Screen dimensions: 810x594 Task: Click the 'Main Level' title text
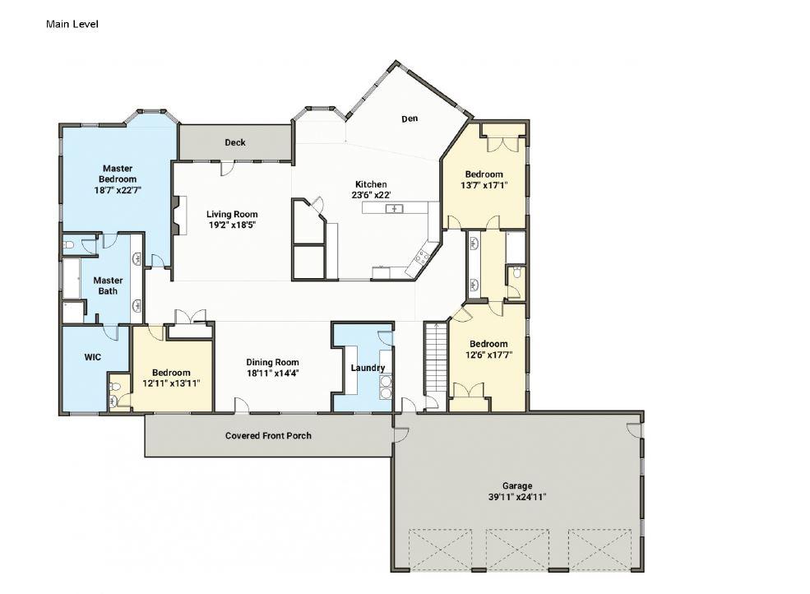point(72,24)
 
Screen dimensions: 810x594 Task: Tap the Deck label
point(235,142)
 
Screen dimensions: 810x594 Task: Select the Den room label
point(410,118)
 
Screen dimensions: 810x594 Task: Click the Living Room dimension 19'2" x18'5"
point(232,225)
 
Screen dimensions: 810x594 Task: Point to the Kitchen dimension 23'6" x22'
point(371,195)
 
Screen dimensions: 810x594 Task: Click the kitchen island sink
point(395,208)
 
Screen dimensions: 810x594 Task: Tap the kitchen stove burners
point(423,257)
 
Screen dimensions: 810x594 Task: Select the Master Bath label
point(108,285)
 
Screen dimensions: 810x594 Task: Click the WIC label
point(93,357)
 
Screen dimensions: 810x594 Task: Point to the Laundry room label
point(368,368)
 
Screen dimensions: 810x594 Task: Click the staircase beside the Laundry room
point(436,357)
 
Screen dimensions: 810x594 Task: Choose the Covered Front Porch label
point(268,435)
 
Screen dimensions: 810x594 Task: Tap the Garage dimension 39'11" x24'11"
point(517,497)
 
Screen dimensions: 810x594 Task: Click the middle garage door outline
point(517,550)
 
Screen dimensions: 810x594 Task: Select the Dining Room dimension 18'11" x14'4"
point(273,373)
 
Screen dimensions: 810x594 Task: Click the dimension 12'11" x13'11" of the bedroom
point(171,383)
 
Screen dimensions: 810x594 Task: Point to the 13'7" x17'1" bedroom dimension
point(484,184)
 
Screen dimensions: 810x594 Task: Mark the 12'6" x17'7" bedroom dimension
point(488,355)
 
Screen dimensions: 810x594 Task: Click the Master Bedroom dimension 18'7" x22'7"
point(118,190)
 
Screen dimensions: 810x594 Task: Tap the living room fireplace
point(176,215)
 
